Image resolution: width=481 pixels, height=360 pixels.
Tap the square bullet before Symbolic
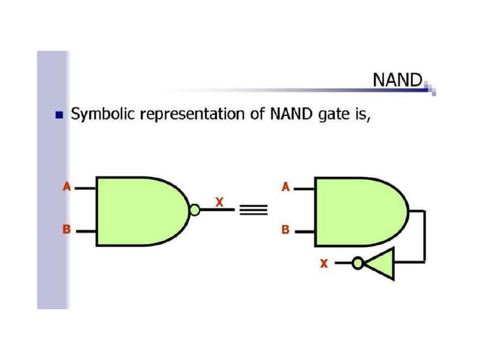coord(57,115)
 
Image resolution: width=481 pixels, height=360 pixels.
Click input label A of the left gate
coord(66,187)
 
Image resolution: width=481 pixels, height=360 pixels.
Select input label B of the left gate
coord(66,230)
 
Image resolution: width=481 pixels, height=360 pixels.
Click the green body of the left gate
coord(139,210)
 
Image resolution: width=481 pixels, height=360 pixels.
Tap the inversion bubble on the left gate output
coord(195,210)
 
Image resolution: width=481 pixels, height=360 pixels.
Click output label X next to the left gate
coord(219,202)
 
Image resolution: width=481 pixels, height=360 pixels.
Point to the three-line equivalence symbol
coord(250,211)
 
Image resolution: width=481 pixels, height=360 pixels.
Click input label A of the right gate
coord(284,187)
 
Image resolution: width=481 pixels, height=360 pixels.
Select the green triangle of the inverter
coord(382,263)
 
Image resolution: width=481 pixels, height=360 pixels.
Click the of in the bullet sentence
coord(253,114)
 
